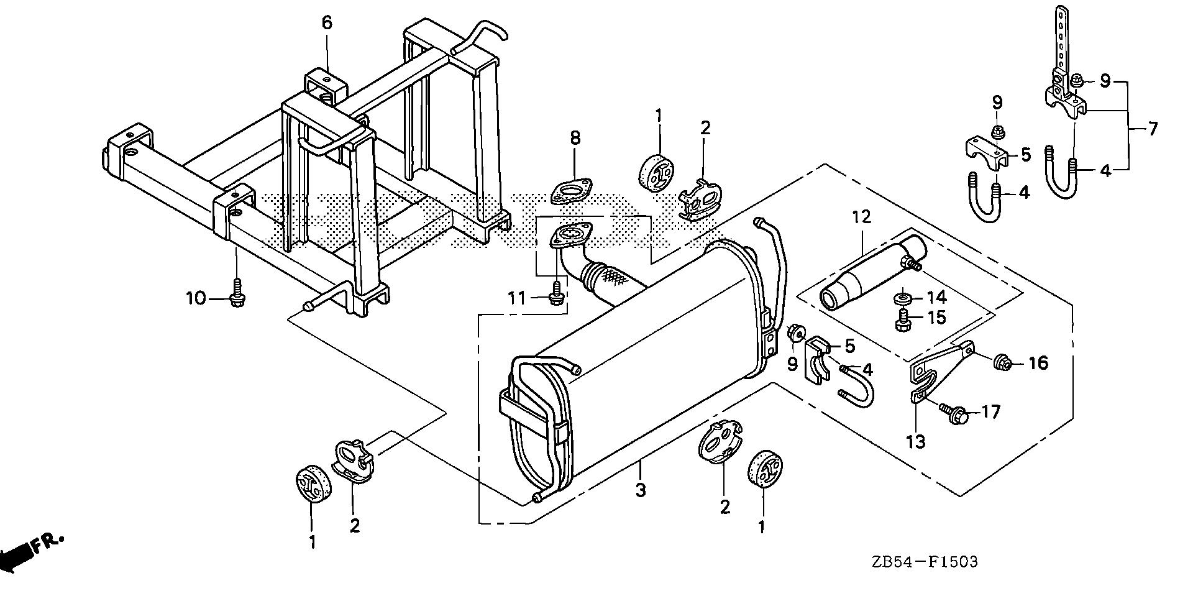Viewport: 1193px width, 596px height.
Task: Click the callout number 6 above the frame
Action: click(x=327, y=23)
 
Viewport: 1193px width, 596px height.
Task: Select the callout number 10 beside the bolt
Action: click(x=196, y=298)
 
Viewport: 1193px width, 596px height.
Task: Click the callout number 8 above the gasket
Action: click(x=575, y=138)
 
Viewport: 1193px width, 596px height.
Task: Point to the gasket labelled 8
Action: click(x=570, y=191)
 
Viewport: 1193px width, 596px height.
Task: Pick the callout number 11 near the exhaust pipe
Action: click(x=517, y=298)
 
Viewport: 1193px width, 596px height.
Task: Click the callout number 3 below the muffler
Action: click(x=641, y=490)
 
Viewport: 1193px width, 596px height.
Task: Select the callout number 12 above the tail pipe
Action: click(x=862, y=218)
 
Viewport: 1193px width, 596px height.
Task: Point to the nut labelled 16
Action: click(x=1002, y=361)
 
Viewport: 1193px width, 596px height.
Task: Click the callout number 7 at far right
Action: click(x=1153, y=130)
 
